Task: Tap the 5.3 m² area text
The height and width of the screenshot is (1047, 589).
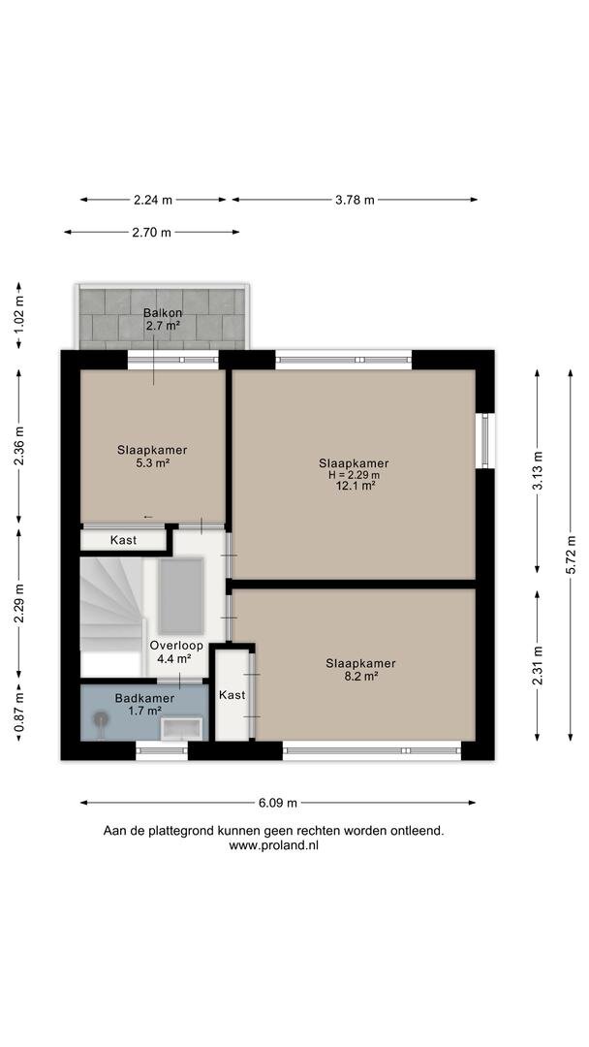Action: click(x=152, y=461)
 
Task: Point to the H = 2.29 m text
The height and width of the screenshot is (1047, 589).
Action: click(x=354, y=475)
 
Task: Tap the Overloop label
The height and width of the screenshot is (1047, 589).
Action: click(x=176, y=646)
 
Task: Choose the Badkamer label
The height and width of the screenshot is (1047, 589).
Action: click(x=144, y=698)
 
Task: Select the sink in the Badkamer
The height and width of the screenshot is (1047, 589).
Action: click(x=181, y=728)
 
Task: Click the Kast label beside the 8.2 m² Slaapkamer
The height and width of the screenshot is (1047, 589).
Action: click(x=232, y=695)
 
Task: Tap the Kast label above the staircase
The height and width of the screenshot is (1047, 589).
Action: click(x=123, y=540)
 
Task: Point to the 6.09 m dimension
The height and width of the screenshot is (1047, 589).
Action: click(x=278, y=803)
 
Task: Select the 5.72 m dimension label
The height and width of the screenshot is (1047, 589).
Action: click(x=571, y=555)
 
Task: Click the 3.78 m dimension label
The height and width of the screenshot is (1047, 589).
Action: click(x=355, y=200)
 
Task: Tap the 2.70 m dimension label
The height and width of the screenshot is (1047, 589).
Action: click(x=151, y=233)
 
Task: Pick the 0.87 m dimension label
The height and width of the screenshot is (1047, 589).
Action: click(x=18, y=712)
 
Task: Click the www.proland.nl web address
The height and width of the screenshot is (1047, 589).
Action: click(x=273, y=845)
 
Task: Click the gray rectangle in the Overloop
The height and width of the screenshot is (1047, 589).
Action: click(x=181, y=595)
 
